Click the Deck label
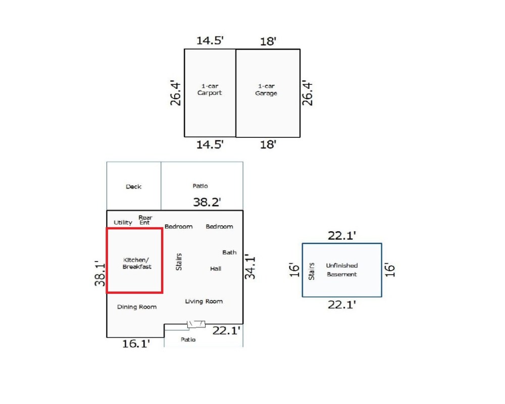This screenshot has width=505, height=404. point(133,187)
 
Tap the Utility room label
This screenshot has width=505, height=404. point(123,223)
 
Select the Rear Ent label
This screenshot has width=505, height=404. point(145,220)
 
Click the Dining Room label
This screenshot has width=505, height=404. point(137,307)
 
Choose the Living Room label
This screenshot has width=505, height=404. point(204,301)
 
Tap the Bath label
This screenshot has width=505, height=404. point(229,252)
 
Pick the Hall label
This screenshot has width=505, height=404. point(216,269)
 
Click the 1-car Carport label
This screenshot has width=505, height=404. point(210,89)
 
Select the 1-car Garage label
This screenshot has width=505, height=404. point(266,90)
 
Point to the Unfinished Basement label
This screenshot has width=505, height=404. point(342,270)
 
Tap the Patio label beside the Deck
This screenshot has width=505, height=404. point(200,186)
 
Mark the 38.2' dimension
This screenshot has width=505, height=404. point(207,203)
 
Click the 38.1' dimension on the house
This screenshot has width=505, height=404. point(99,273)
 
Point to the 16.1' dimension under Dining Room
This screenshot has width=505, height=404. point(136,344)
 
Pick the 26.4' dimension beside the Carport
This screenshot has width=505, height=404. point(175,92)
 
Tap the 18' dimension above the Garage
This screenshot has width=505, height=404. point(268,41)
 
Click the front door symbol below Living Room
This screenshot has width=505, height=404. point(196,324)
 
